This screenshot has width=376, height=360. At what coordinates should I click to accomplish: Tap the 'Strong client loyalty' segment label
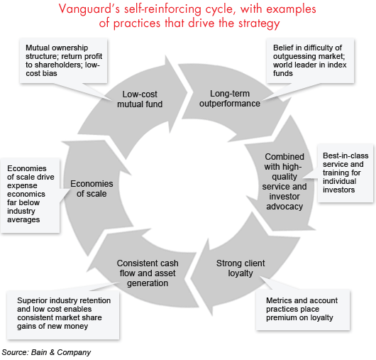pos(239,268)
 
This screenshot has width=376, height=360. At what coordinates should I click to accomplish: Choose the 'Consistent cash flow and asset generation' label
pos(143,273)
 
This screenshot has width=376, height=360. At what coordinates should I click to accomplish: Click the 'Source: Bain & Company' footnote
pos(46,352)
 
